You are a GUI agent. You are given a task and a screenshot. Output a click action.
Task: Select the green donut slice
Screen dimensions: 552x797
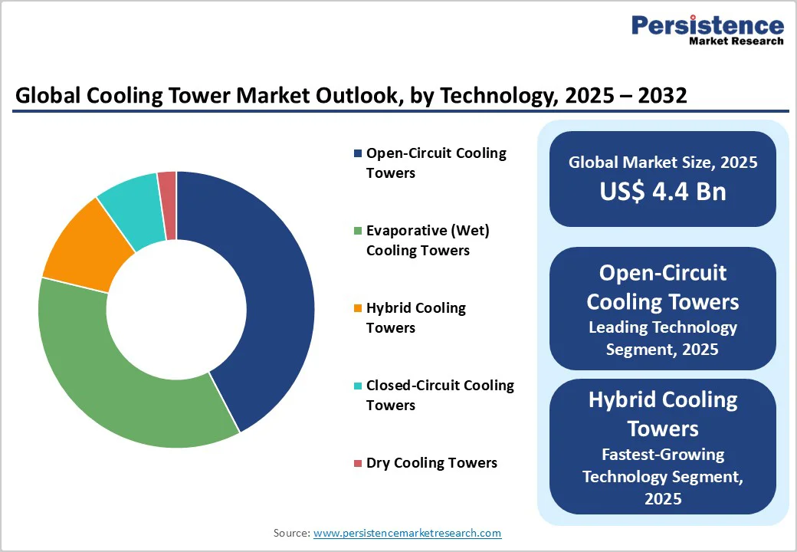115,376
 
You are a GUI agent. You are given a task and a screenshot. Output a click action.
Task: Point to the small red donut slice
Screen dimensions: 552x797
168,183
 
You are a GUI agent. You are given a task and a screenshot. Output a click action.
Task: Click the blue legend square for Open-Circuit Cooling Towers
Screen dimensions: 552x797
357,153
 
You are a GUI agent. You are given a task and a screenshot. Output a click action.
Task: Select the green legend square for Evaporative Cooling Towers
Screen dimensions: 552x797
357,231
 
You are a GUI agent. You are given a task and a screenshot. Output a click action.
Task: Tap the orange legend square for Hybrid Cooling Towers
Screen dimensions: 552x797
357,308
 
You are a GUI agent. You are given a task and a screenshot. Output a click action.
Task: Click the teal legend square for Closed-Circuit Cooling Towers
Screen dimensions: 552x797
357,386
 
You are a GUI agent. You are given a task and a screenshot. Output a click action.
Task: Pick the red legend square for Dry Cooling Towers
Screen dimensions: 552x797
357,463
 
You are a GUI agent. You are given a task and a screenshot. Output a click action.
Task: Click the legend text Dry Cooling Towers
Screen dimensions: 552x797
431,463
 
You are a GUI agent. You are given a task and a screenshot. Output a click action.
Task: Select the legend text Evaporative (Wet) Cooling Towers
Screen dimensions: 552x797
428,241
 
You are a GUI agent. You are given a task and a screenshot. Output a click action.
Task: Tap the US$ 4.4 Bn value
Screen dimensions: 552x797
662,191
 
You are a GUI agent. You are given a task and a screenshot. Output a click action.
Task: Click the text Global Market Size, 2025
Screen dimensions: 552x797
662,163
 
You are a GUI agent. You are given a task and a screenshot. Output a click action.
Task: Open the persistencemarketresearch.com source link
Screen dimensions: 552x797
407,533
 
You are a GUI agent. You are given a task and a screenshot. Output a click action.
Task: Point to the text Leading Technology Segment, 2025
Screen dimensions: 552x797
662,338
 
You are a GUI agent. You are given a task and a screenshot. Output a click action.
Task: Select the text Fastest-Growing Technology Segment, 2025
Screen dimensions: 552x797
662,476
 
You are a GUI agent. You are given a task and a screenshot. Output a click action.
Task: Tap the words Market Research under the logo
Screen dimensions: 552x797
736,41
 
